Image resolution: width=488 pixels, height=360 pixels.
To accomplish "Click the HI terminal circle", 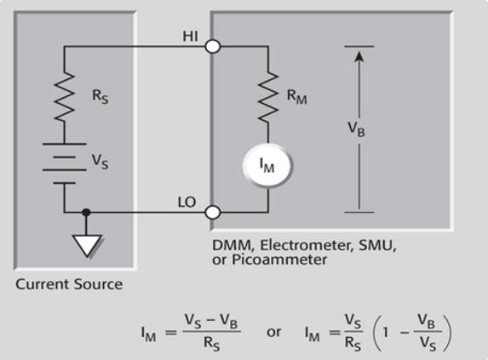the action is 213,47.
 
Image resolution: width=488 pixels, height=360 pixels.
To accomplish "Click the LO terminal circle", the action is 213,213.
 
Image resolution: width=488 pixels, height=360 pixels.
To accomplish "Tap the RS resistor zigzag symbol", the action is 65,97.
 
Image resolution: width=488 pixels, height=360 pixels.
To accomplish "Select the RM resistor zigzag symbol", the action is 268,97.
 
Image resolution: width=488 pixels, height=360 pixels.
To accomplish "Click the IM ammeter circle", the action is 267,165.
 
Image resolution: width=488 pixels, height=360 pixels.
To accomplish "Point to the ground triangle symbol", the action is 87,245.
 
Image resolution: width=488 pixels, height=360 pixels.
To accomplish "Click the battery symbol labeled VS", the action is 65,163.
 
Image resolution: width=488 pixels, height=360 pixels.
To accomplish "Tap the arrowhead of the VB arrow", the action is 359,57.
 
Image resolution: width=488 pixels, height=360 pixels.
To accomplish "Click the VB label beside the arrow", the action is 356,129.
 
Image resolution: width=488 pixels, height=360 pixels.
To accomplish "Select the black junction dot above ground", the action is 86,213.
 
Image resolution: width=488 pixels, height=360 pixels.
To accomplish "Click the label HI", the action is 190,37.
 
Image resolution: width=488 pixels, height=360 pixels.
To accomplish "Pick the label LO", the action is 187,203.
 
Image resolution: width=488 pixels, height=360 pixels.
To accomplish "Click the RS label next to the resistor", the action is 100,96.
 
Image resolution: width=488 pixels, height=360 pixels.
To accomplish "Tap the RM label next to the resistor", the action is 296,97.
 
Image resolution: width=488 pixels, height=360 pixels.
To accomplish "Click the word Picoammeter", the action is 279,260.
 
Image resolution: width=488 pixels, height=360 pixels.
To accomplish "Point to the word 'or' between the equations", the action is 274,332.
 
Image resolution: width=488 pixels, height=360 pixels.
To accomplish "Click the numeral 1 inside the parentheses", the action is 386,333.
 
